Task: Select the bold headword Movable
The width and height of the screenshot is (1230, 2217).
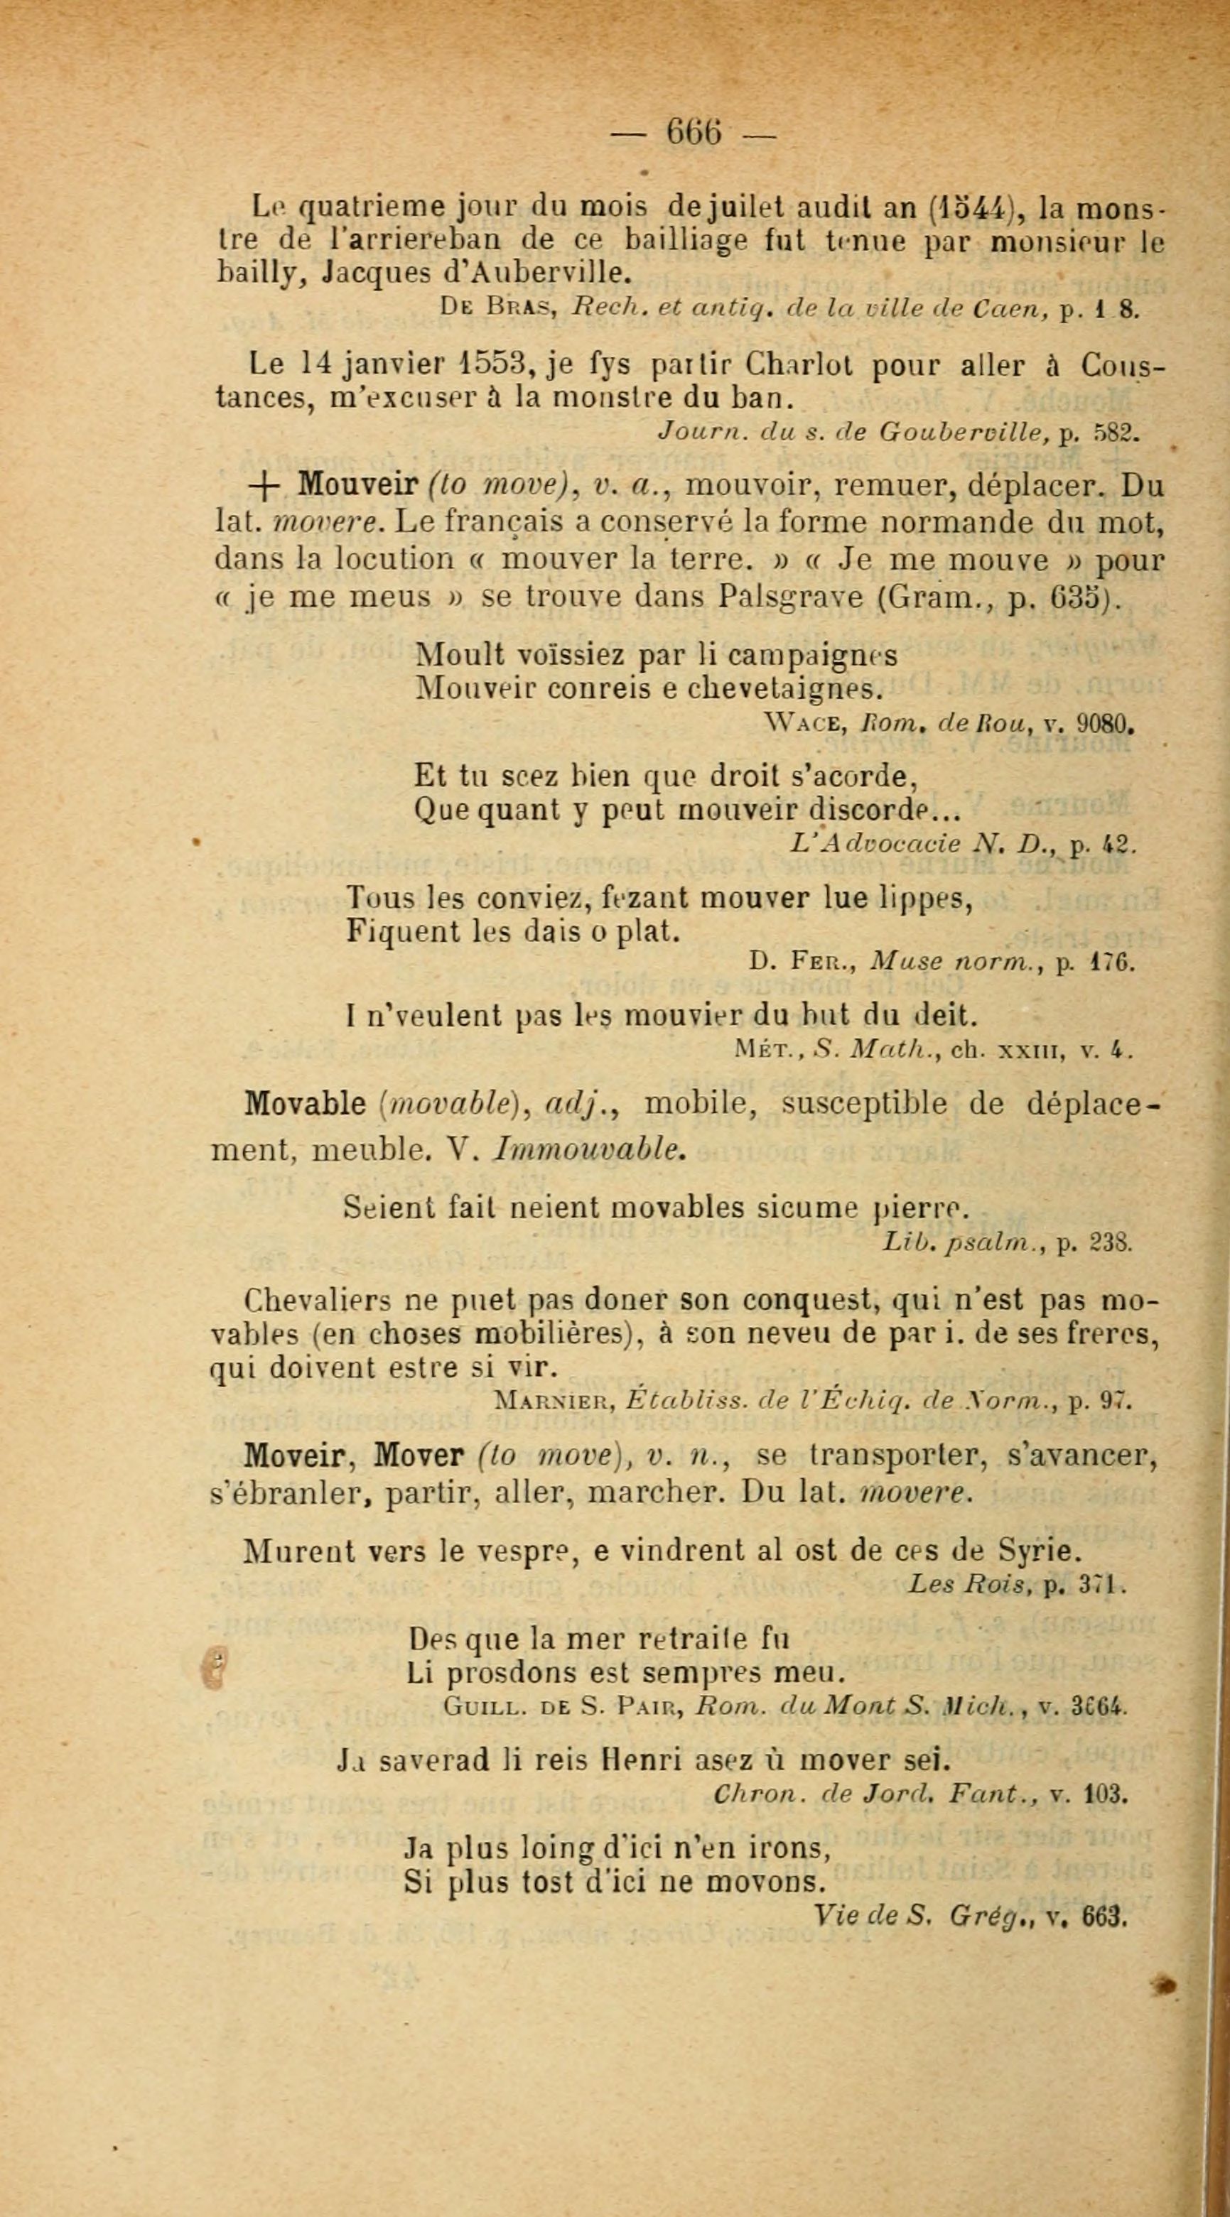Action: pyautogui.click(x=306, y=1104)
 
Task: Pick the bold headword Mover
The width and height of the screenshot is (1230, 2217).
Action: pyautogui.click(x=420, y=1455)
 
